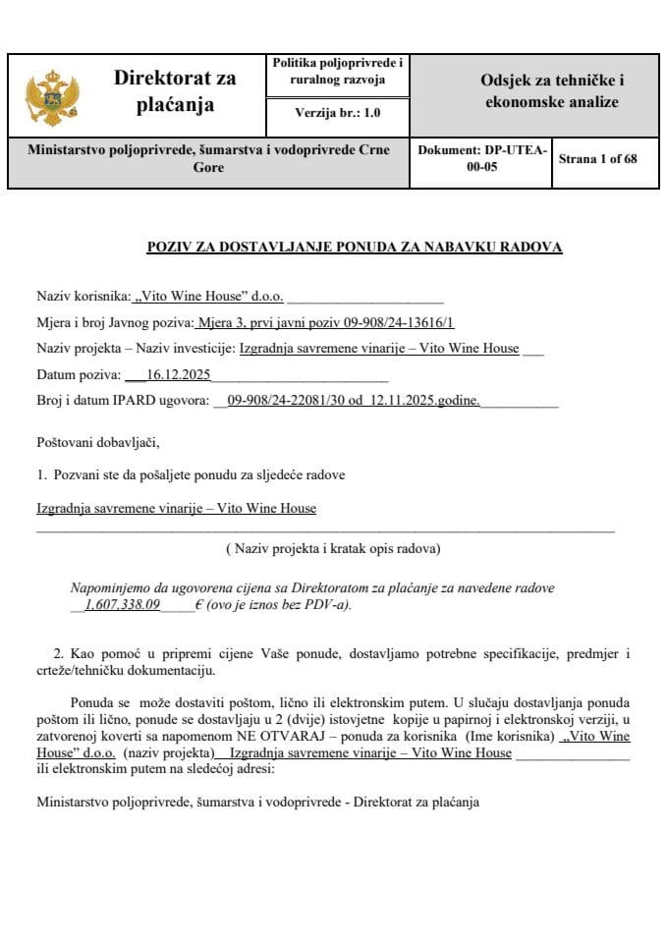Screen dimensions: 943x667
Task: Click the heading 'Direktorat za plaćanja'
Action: click(x=175, y=91)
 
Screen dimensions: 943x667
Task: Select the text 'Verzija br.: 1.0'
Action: click(x=337, y=113)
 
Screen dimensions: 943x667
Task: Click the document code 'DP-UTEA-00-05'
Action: click(x=481, y=159)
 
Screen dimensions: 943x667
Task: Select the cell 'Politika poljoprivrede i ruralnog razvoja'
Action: click(x=337, y=71)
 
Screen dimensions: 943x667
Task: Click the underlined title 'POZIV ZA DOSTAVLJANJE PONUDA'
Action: click(x=354, y=247)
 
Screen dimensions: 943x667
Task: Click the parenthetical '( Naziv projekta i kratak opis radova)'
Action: click(x=333, y=547)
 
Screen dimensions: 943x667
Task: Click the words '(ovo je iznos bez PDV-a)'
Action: click(x=279, y=606)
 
